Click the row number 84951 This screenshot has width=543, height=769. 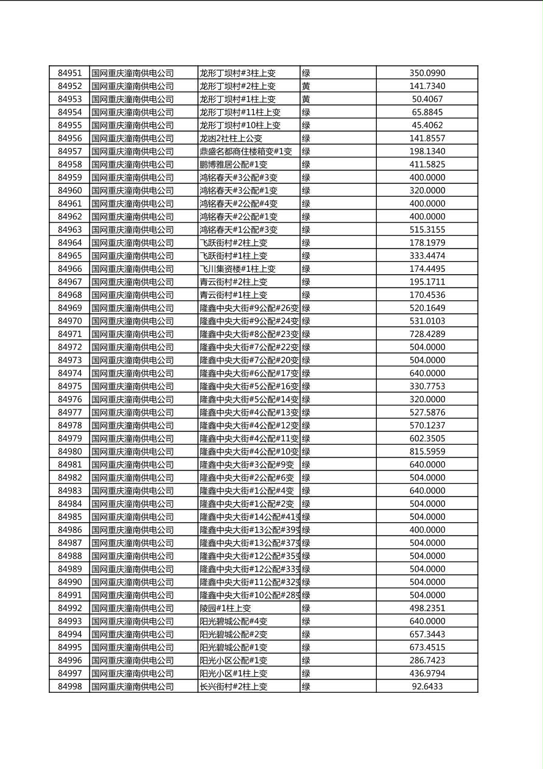tap(69, 73)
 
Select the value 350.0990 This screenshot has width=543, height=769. tap(427, 73)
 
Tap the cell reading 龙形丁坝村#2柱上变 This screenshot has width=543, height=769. tap(237, 87)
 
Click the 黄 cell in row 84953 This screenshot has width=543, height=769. tap(306, 99)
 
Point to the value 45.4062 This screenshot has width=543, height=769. tap(427, 126)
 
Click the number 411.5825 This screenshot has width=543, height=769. tap(427, 165)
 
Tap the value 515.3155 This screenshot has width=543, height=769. tap(427, 230)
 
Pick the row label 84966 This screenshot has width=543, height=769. tap(69, 269)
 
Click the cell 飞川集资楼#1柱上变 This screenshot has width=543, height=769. tap(237, 269)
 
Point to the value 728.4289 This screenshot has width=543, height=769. tap(427, 334)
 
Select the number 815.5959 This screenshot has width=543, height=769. tap(427, 452)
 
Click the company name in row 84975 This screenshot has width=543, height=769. tap(132, 386)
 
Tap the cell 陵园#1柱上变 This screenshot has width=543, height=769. tap(225, 608)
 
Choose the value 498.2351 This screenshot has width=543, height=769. tap(427, 608)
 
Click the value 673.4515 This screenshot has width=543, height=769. tap(427, 647)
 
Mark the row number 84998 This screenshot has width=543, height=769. tap(69, 687)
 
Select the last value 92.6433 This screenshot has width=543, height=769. tap(427, 687)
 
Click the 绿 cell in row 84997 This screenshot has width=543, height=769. tap(306, 673)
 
